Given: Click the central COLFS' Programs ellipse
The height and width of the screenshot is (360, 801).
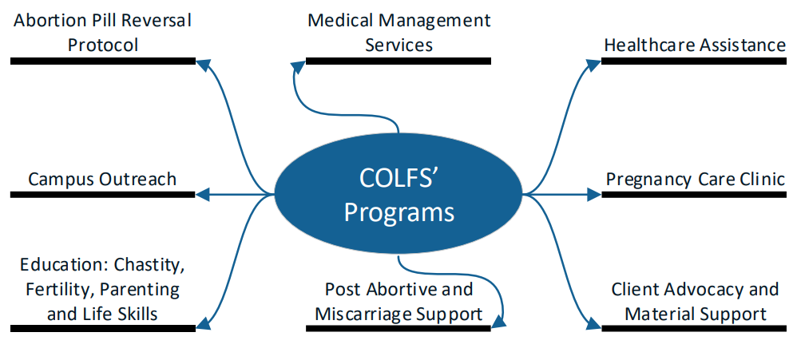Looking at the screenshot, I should pos(399,192).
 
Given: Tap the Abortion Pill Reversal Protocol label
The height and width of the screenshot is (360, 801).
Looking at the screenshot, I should pos(103,32).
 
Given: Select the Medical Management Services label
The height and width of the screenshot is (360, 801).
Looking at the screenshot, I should pos(399,32).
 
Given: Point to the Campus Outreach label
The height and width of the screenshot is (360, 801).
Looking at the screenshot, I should pos(102,178).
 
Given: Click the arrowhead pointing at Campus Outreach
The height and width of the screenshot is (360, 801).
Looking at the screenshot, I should pos(203,193).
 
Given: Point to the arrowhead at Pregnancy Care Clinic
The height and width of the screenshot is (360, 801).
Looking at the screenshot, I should pos(593,193).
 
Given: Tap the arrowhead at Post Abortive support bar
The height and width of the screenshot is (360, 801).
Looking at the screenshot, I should pos(500,322).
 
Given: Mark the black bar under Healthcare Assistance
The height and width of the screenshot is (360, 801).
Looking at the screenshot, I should pos(693,60).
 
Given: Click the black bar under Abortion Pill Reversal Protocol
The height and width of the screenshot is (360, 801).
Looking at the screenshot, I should pos(103,60).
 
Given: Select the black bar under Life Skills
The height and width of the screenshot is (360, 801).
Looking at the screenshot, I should pos(103,327).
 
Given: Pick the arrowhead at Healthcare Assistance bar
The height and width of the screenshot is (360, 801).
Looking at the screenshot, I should pos(594,61).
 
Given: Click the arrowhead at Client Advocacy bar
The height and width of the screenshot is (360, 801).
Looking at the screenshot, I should pos(593,325).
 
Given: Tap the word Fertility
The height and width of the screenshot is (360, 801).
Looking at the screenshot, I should pos(50,289).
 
